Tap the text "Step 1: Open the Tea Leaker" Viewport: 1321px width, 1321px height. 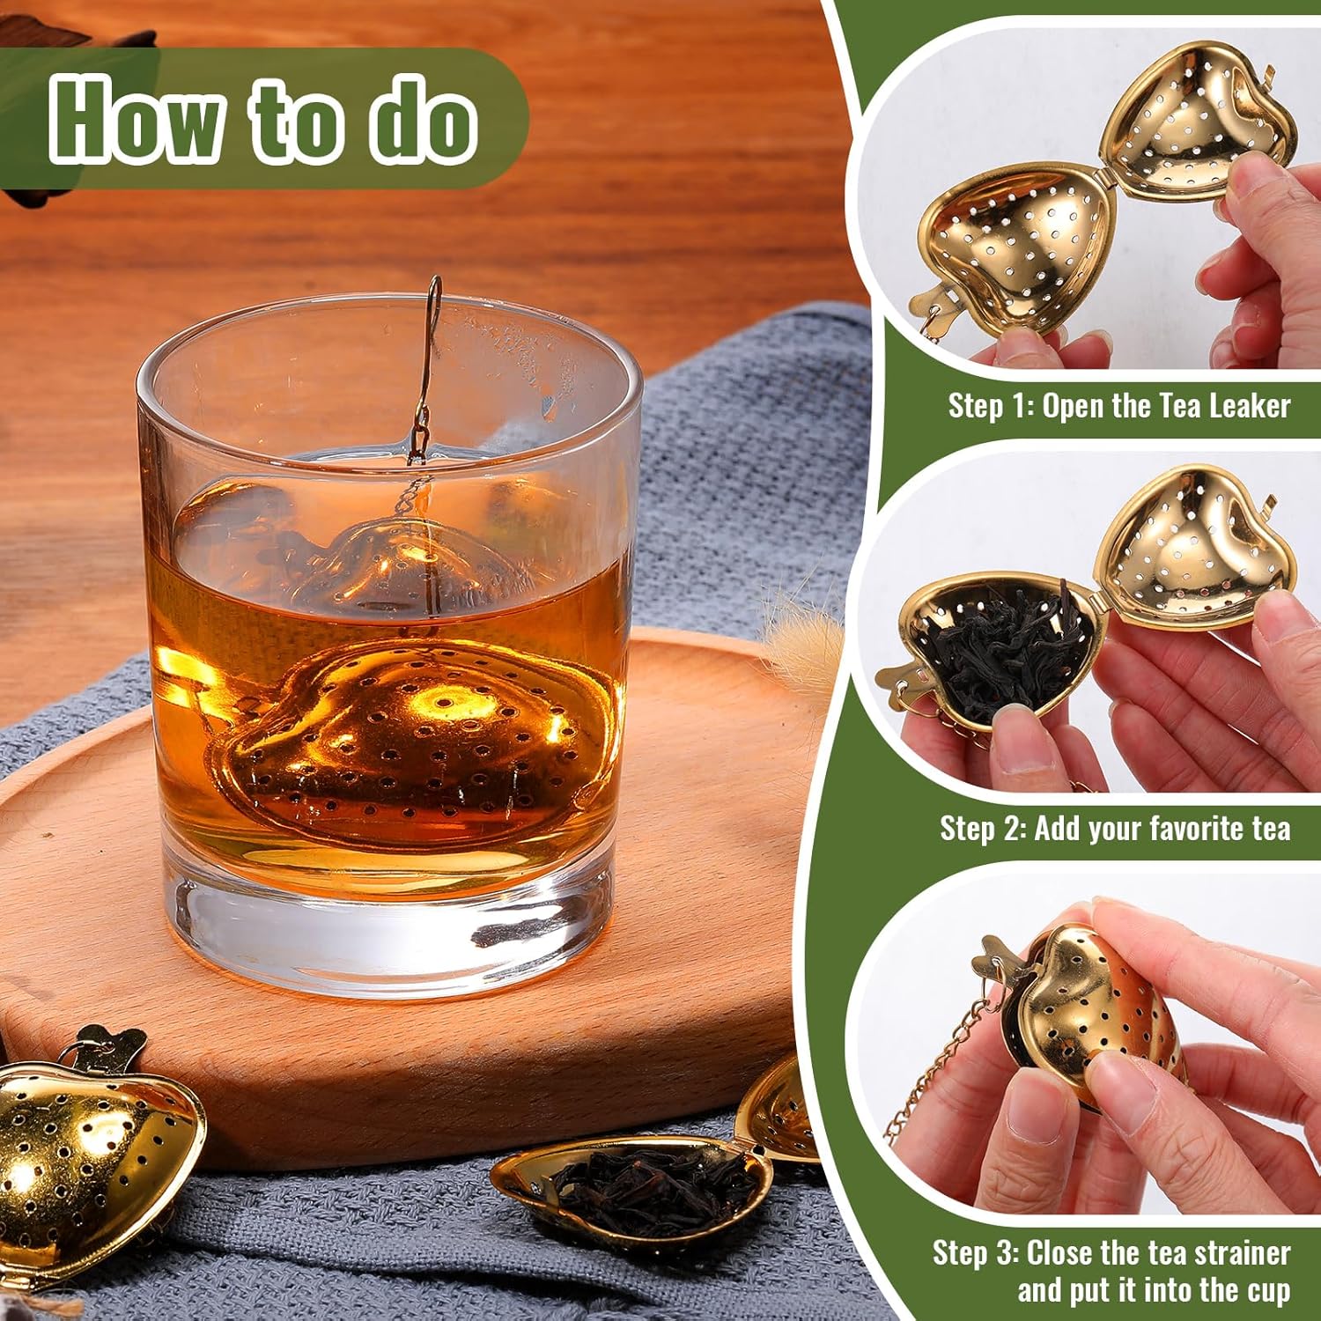(1118, 406)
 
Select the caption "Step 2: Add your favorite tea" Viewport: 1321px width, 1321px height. (1114, 829)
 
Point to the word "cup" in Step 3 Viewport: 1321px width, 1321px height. (1268, 1291)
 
